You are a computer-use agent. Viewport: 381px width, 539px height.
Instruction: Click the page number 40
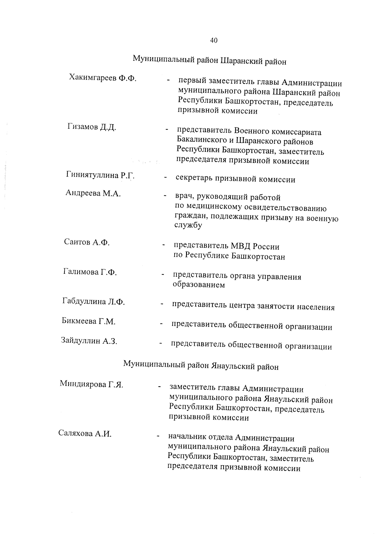pos(213,40)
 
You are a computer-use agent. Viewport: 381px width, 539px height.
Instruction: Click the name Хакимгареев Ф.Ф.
pos(102,78)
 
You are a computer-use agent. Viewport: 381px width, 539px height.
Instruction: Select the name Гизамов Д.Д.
pos(92,127)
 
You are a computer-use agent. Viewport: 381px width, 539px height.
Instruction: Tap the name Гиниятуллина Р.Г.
pos(100,175)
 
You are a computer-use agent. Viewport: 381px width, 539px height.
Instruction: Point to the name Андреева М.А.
pos(93,193)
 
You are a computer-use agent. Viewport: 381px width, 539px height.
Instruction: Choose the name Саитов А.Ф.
pos(87,242)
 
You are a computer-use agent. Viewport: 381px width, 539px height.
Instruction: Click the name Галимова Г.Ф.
pos(90,272)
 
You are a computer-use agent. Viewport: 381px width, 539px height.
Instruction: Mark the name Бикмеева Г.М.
pos(88,321)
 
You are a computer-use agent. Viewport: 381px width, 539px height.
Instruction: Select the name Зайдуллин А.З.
pos(89,341)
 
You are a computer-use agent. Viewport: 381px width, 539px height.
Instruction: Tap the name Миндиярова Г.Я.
pos(91,385)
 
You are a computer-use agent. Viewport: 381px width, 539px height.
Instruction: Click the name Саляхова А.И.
pos(85,434)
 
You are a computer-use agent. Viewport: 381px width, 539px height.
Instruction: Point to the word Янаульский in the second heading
pos(235,366)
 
